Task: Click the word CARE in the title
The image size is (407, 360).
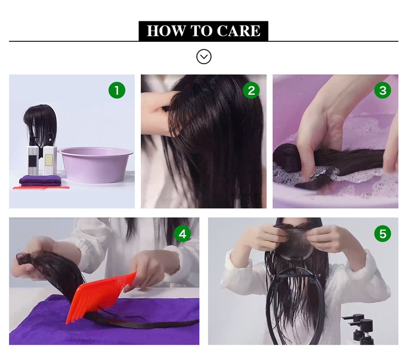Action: (x=239, y=31)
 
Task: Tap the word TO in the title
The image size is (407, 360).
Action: (x=201, y=31)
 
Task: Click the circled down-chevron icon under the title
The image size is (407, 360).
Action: (x=204, y=57)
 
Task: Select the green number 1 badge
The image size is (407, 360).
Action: (x=117, y=91)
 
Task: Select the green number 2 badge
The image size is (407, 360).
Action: (x=251, y=91)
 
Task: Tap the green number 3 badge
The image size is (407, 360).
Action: (x=383, y=91)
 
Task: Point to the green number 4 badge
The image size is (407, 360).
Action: (x=183, y=234)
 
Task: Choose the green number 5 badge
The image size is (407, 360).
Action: (x=383, y=234)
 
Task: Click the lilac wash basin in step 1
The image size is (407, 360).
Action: (x=96, y=164)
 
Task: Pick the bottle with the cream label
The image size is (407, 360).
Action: (x=50, y=160)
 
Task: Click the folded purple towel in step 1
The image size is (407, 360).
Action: (x=40, y=180)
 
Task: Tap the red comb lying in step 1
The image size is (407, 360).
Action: (x=41, y=187)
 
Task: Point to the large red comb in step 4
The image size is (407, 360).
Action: (x=101, y=296)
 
